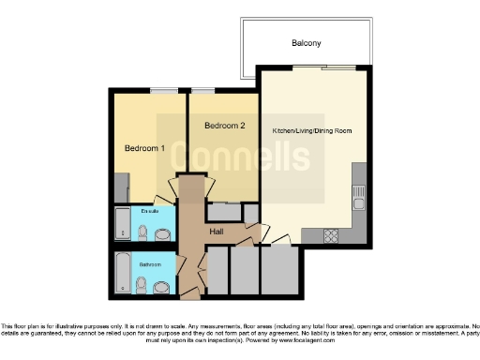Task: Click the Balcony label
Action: coord(307,43)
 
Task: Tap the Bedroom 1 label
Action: coord(145,148)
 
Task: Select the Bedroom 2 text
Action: coord(224,126)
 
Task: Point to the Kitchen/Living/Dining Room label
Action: coord(312,130)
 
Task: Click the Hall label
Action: coord(216,232)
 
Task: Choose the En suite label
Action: coord(147,212)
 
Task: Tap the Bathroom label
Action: coord(150,265)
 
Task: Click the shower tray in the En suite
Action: coord(122,223)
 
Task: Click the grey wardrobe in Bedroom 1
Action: coord(118,188)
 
